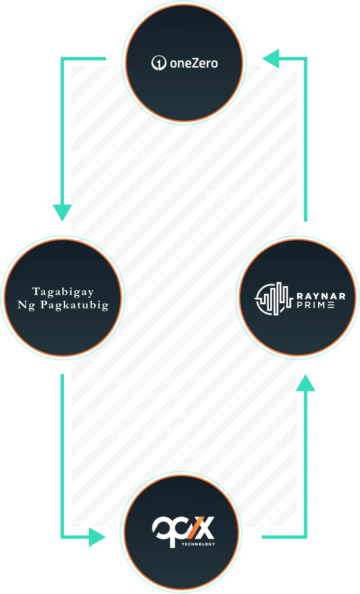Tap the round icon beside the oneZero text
tap(158, 63)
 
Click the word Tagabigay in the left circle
tap(63, 291)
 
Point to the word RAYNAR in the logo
tap(321, 296)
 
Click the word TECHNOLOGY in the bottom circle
tap(198, 544)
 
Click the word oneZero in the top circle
tap(193, 63)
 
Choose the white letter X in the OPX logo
tap(206, 529)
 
